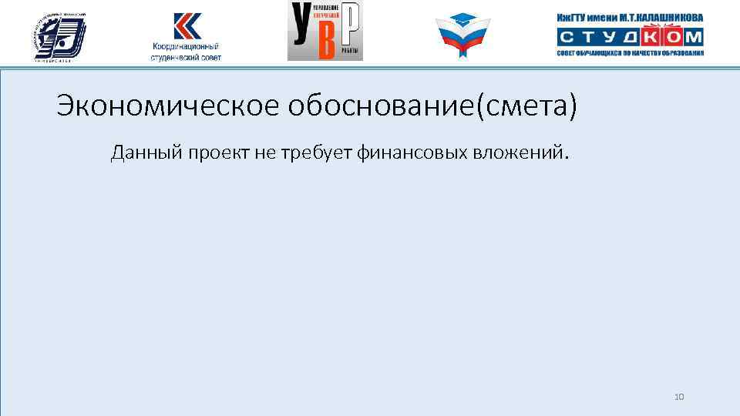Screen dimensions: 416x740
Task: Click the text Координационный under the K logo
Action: (186, 47)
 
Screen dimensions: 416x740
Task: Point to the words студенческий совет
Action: (186, 58)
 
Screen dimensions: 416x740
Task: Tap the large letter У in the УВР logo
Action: (301, 31)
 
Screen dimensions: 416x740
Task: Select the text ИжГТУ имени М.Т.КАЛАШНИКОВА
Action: (630, 18)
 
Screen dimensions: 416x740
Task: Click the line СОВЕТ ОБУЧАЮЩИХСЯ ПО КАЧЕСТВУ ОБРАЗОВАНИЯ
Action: (630, 53)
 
